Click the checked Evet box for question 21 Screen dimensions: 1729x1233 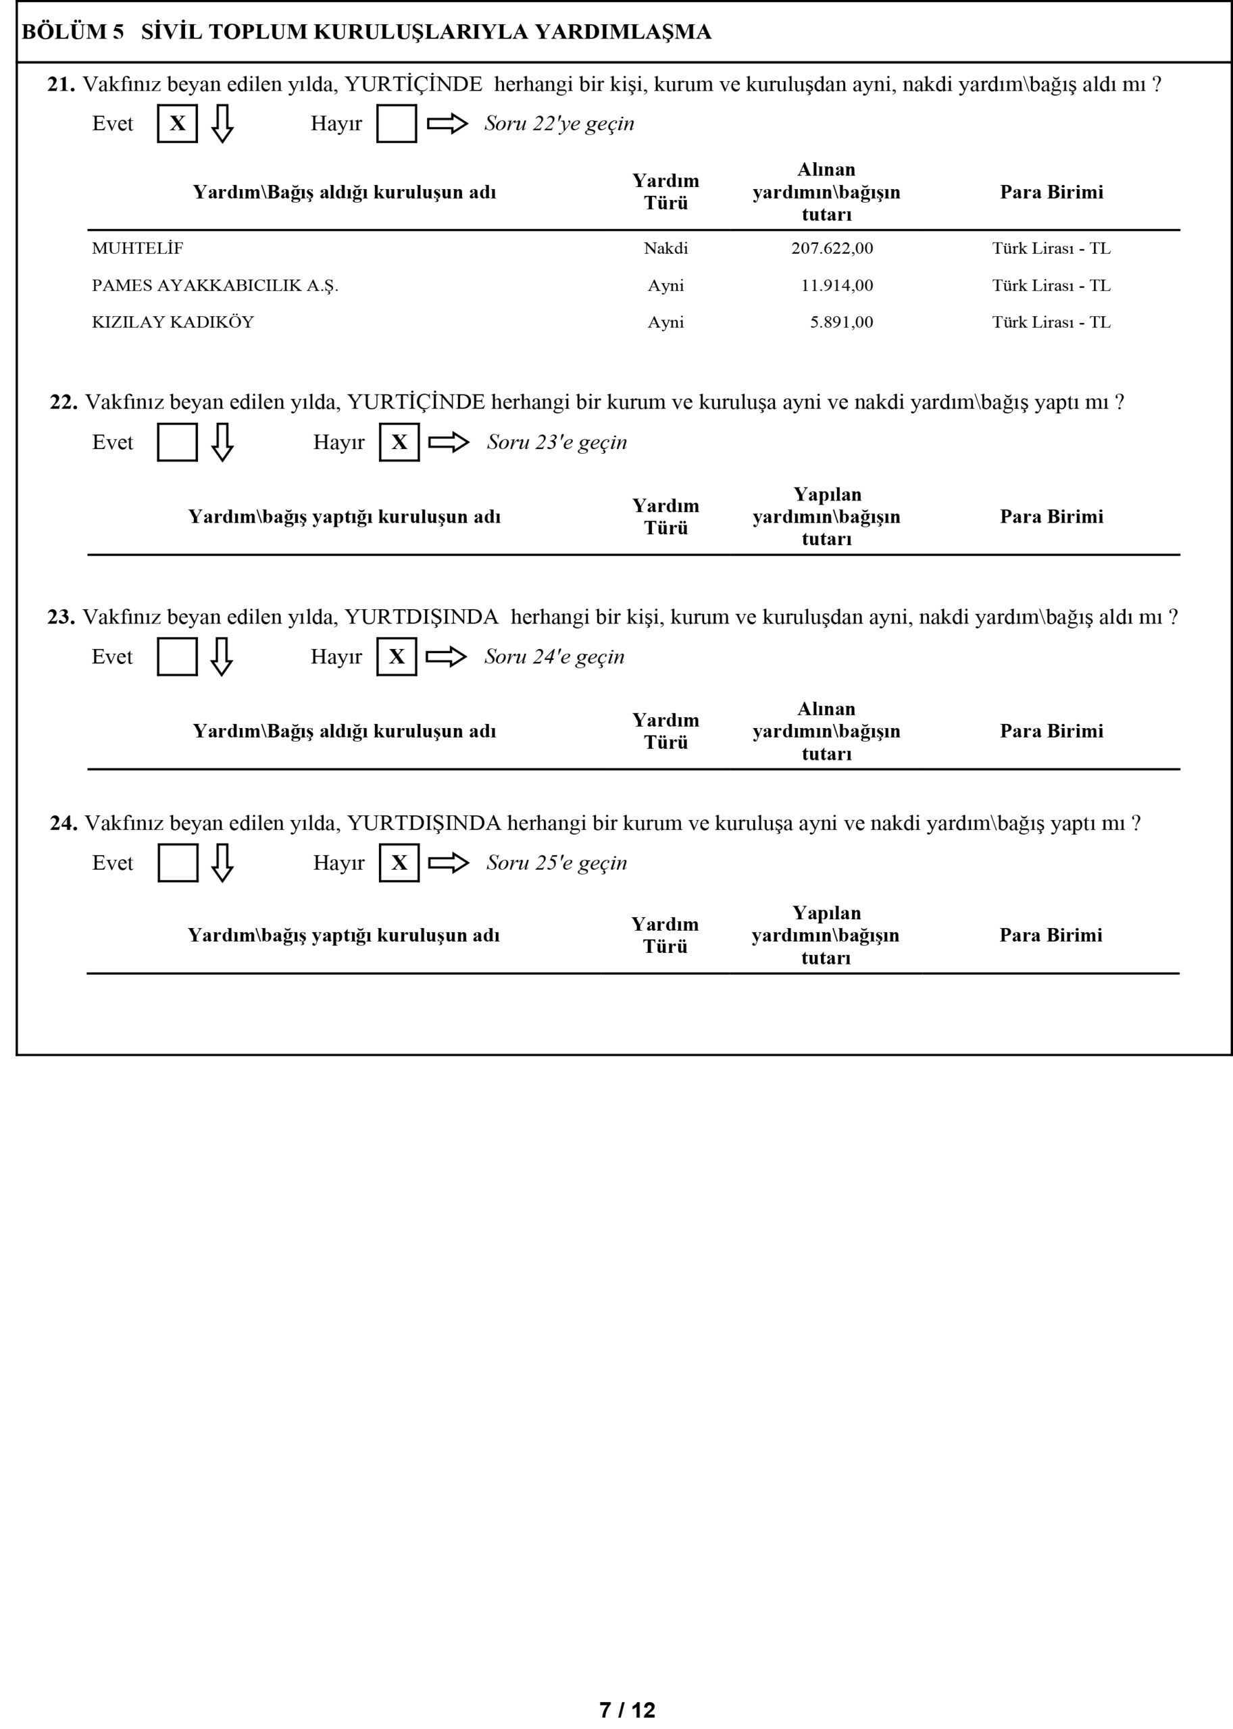(177, 124)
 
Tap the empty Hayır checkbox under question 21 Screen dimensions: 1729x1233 (397, 124)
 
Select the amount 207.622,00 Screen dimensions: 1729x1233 (832, 248)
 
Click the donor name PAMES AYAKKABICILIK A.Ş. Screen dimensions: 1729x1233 (215, 286)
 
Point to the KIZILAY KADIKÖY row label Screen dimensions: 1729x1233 (172, 321)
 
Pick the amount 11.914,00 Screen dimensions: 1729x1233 (836, 286)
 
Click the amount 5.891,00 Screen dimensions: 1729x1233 (841, 321)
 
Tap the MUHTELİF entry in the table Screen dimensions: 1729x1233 (137, 248)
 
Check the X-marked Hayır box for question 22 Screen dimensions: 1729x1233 (399, 442)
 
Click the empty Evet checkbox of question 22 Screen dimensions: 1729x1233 (177, 442)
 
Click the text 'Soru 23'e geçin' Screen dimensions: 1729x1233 (557, 442)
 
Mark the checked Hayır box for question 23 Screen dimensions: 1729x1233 (397, 656)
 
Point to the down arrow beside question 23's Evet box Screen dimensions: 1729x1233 (221, 656)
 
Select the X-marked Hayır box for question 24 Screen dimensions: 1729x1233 (399, 863)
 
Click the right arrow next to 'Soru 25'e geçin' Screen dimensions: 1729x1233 (449, 863)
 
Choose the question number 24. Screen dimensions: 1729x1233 (63, 823)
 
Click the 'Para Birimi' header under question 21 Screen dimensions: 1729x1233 (1051, 192)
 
